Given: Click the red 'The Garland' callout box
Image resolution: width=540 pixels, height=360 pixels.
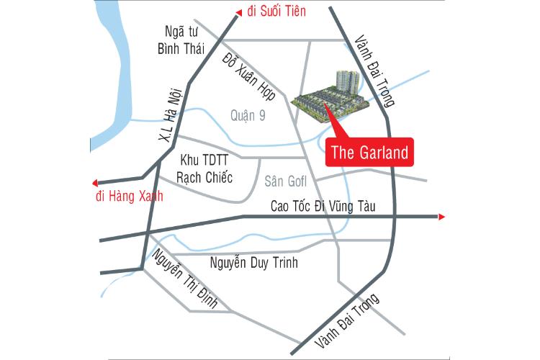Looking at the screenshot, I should (370, 153).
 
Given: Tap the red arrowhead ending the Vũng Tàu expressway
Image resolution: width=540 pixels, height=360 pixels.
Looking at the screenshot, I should (441, 216).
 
